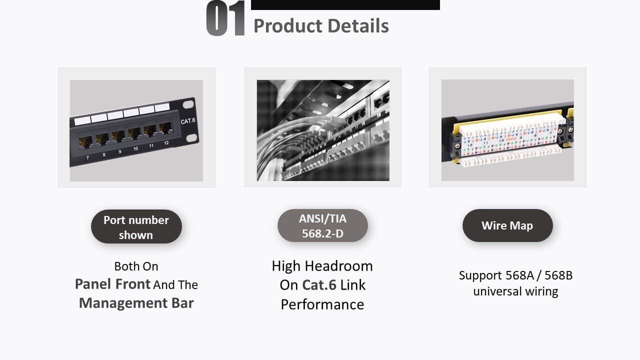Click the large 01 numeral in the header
click(225, 19)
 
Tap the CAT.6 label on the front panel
click(187, 121)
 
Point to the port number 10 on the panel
click(135, 148)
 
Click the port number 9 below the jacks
click(120, 151)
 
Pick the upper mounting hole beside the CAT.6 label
click(188, 105)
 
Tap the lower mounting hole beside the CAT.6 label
click(190, 137)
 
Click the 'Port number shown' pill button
click(136, 227)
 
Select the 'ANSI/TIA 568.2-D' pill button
click(322, 225)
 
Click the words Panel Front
click(112, 284)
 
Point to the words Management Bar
click(136, 303)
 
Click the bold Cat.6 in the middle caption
click(319, 285)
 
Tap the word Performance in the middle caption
click(322, 304)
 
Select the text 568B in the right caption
click(557, 275)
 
